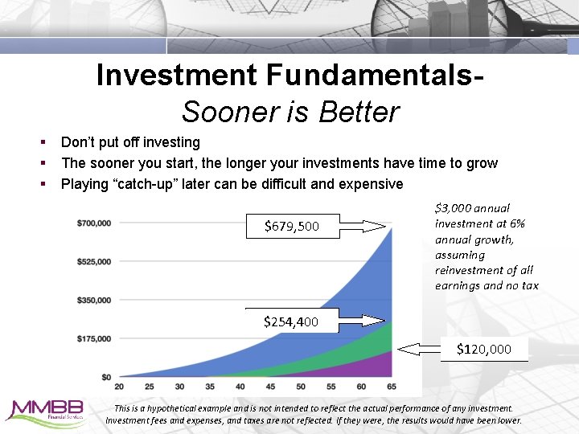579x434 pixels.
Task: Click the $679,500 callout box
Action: point(292,227)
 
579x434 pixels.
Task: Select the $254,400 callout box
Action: point(291,321)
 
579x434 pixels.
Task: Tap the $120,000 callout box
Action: point(483,349)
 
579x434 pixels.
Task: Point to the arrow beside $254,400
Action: point(367,321)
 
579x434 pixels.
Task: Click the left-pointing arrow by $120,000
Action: point(419,349)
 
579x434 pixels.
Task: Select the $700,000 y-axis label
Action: point(94,223)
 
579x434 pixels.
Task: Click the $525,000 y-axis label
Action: point(94,261)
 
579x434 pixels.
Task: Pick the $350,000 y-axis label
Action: point(94,300)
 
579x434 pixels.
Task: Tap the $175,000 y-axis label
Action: point(94,338)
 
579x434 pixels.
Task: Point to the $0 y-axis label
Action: point(106,377)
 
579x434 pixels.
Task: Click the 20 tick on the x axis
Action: point(119,387)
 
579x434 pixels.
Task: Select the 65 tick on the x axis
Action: point(391,387)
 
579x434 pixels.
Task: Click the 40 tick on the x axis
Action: point(240,387)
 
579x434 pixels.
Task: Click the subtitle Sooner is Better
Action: point(289,112)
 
